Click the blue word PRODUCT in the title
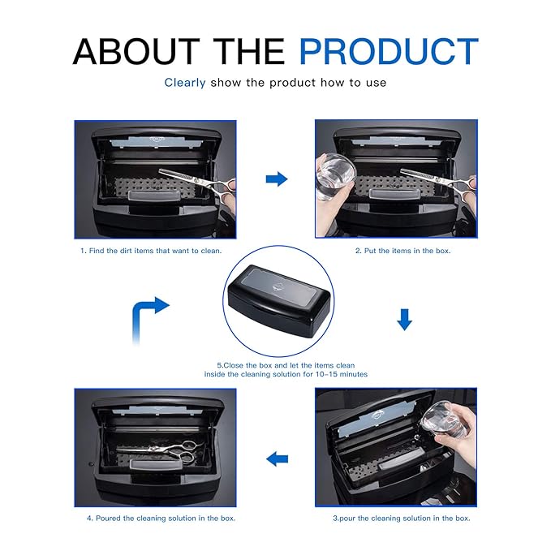389,51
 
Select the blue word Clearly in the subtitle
185,83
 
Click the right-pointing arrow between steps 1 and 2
277,179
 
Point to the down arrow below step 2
404,320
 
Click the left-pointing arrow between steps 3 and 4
278,459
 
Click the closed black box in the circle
278,300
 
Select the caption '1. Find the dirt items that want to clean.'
151,251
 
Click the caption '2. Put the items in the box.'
402,251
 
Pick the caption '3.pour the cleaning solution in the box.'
402,519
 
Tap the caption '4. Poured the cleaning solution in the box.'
161,519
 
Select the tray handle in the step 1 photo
155,196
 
